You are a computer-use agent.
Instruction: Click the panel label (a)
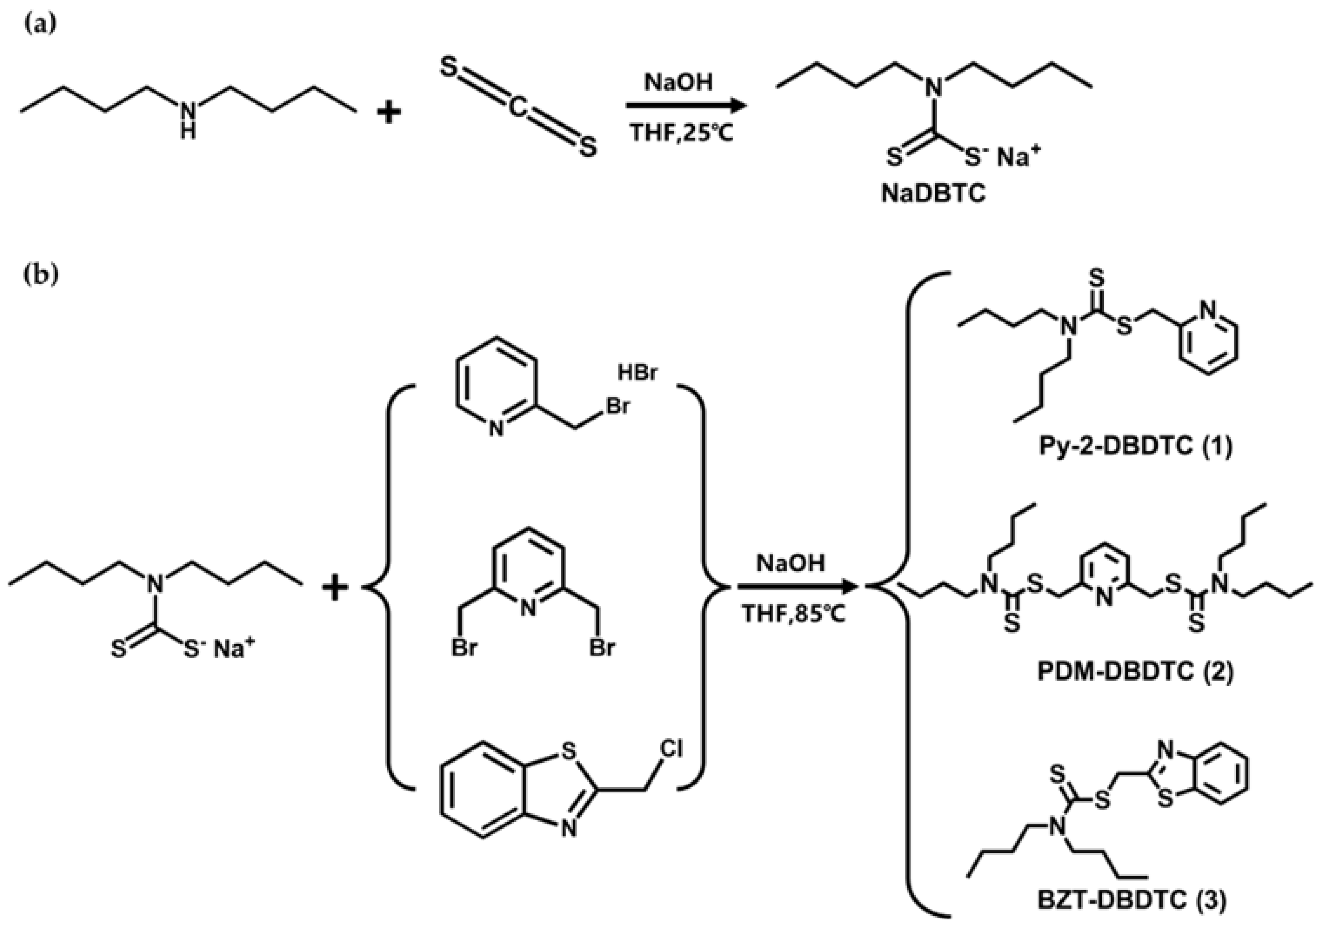[x=40, y=26]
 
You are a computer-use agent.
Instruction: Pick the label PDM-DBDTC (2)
[x=1135, y=672]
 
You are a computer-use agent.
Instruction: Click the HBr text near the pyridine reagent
[x=637, y=373]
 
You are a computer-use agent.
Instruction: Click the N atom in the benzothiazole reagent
[x=569, y=829]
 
